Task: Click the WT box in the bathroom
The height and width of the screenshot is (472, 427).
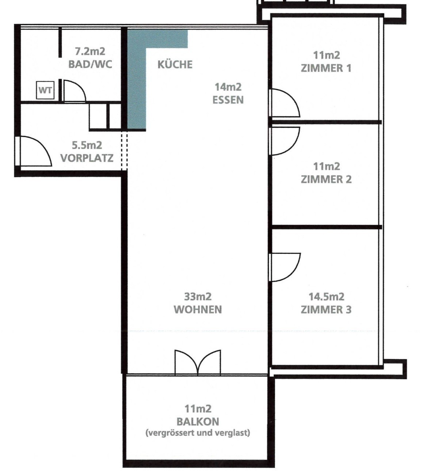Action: coord(45,90)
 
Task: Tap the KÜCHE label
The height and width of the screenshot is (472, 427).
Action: coord(175,64)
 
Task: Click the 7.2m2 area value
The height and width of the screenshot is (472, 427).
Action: coord(90,51)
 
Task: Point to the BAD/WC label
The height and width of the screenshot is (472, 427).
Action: coord(90,64)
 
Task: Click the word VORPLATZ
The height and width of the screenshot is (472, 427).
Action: coord(87,158)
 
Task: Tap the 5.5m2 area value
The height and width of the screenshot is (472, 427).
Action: coord(87,145)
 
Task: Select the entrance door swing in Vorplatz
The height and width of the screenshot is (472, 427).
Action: coord(35,151)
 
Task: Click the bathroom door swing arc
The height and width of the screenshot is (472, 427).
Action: coord(75,91)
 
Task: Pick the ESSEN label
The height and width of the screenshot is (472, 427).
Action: coord(228,100)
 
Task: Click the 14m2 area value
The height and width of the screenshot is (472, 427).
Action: coord(228,87)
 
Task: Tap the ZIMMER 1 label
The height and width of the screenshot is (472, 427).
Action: coord(326,68)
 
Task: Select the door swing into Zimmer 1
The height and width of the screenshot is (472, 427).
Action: coord(286,103)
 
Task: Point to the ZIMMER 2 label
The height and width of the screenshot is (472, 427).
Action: coord(326,179)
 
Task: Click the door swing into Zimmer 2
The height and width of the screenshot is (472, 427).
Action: coord(286,141)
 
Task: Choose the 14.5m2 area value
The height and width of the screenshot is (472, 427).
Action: coord(326,297)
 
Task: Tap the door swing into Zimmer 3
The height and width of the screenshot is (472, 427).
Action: coord(286,267)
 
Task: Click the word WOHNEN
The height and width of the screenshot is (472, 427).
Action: coord(198,309)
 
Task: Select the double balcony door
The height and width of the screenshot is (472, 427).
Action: coord(198,363)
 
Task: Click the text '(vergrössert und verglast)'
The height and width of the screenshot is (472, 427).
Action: coord(198,433)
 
